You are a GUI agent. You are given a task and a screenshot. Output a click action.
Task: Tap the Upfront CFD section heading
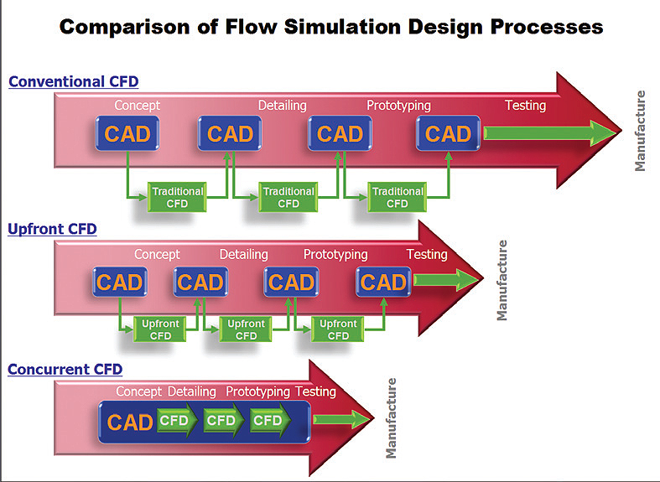click(x=52, y=228)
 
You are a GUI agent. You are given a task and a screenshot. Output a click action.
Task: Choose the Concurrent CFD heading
click(x=65, y=369)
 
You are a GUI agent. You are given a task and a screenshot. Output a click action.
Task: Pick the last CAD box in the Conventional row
click(x=448, y=133)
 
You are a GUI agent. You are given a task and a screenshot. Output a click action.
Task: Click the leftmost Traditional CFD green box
click(x=177, y=197)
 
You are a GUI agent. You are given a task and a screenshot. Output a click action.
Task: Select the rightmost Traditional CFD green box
click(x=398, y=197)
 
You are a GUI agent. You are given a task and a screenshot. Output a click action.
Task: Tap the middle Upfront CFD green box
click(x=247, y=329)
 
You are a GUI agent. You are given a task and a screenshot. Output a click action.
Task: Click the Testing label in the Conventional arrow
click(x=525, y=106)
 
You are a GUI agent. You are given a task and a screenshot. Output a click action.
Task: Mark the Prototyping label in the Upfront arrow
click(x=335, y=254)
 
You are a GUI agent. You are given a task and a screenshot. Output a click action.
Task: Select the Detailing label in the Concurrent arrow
click(x=192, y=391)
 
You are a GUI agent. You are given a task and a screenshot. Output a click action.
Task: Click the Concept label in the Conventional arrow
click(x=138, y=106)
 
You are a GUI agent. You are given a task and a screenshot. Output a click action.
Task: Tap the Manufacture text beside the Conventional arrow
click(x=641, y=131)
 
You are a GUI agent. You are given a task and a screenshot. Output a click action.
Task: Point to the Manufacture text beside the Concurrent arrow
click(x=391, y=418)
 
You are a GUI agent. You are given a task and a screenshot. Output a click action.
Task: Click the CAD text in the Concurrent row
click(x=130, y=422)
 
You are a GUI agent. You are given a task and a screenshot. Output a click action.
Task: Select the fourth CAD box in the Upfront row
click(x=382, y=282)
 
